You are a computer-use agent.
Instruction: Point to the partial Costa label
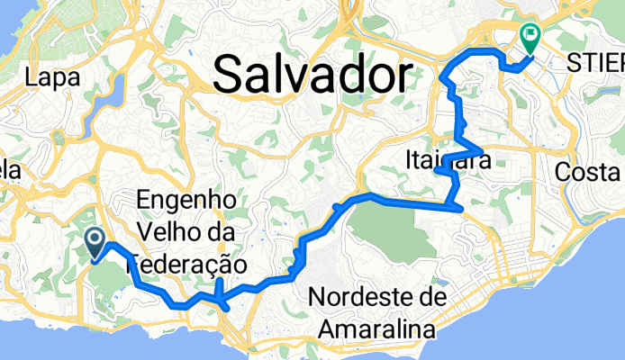(x=590, y=172)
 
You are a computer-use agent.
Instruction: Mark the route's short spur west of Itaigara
(x=442, y=168)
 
